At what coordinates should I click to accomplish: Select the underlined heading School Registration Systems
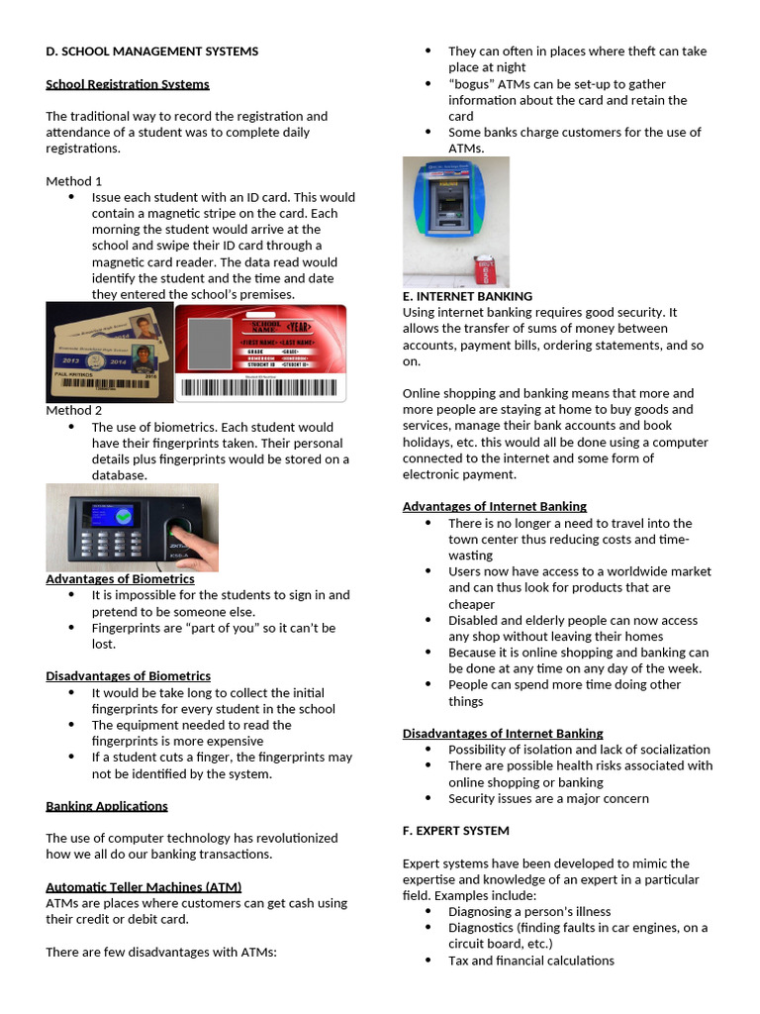pyautogui.click(x=128, y=84)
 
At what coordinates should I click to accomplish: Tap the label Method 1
pyautogui.click(x=74, y=181)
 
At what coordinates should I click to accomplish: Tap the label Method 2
pyautogui.click(x=74, y=410)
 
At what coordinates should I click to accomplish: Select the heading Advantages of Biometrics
pyautogui.click(x=120, y=578)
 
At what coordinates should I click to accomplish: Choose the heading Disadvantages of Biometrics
pyautogui.click(x=129, y=675)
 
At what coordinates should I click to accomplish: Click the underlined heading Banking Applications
pyautogui.click(x=107, y=806)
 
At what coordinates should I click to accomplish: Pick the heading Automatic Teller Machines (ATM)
pyautogui.click(x=143, y=886)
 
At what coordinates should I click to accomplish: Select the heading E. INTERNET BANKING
pyautogui.click(x=467, y=296)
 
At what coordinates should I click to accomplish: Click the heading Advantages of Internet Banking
pyautogui.click(x=495, y=506)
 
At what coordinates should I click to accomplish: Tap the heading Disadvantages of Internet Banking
pyautogui.click(x=503, y=733)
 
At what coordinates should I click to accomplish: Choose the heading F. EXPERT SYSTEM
pyautogui.click(x=456, y=830)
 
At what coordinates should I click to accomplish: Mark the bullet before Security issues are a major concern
pyautogui.click(x=427, y=798)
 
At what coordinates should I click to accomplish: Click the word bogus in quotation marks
pyautogui.click(x=468, y=84)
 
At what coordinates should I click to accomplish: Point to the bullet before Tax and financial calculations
pyautogui.click(x=427, y=961)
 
